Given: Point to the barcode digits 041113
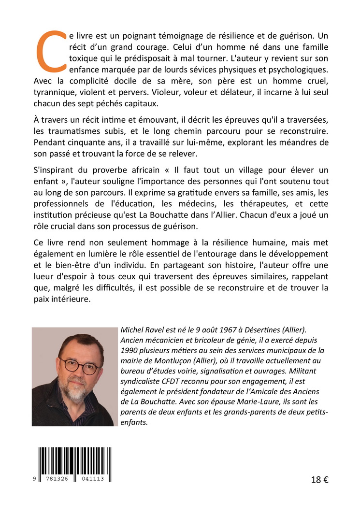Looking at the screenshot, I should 95,478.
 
